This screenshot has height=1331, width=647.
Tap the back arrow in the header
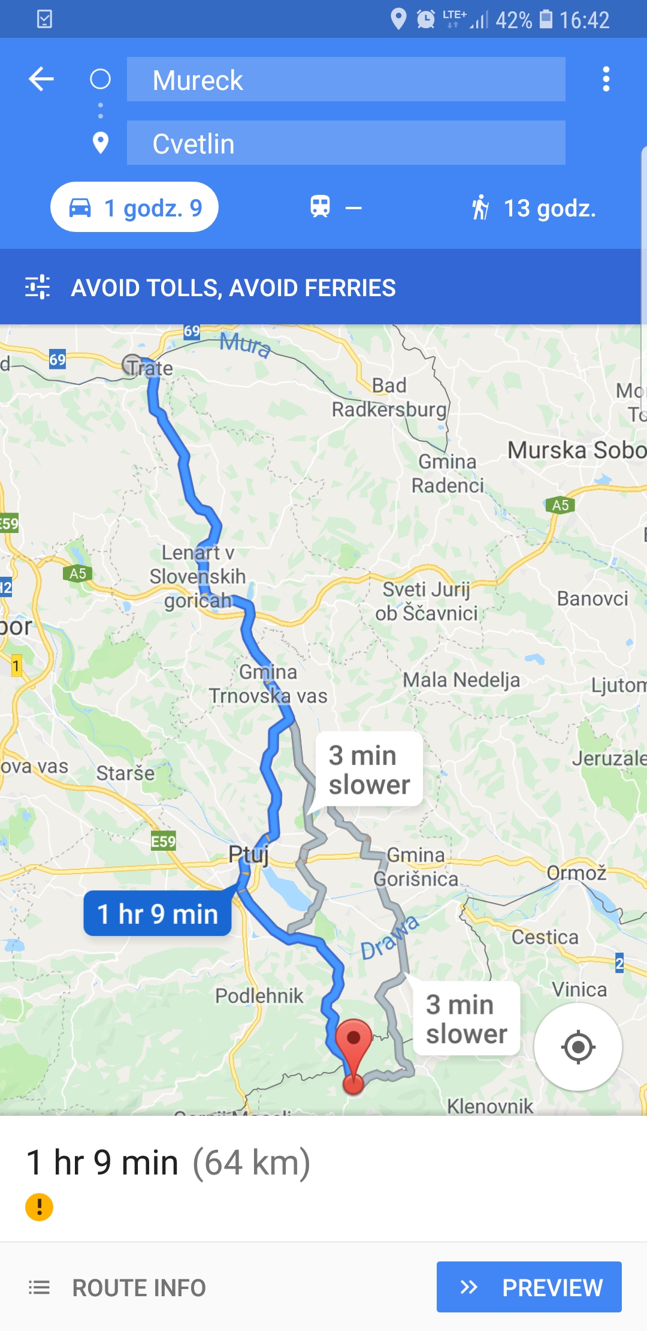pyautogui.click(x=41, y=79)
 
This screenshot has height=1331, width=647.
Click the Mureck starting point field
pyautogui.click(x=346, y=80)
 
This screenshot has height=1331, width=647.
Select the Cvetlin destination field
pyautogui.click(x=346, y=143)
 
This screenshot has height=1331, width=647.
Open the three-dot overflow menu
pyautogui.click(x=606, y=79)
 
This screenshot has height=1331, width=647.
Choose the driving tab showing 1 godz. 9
pyautogui.click(x=135, y=207)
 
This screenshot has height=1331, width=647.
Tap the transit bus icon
pyautogui.click(x=321, y=207)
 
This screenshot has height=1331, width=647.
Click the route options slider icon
pyautogui.click(x=37, y=287)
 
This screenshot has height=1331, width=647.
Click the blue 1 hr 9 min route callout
pyautogui.click(x=158, y=914)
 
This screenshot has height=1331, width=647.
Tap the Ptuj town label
pyautogui.click(x=248, y=854)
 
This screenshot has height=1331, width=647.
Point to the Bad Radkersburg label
pyautogui.click(x=389, y=398)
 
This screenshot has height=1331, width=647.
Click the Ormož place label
pyautogui.click(x=576, y=872)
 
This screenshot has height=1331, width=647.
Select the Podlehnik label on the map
pyautogui.click(x=259, y=996)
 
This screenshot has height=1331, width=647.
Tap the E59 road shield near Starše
pyautogui.click(x=163, y=842)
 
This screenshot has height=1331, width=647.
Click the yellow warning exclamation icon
pyautogui.click(x=40, y=1207)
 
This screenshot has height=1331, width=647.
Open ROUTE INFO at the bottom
pyautogui.click(x=118, y=1287)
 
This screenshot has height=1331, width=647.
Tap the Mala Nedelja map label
pyautogui.click(x=461, y=680)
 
